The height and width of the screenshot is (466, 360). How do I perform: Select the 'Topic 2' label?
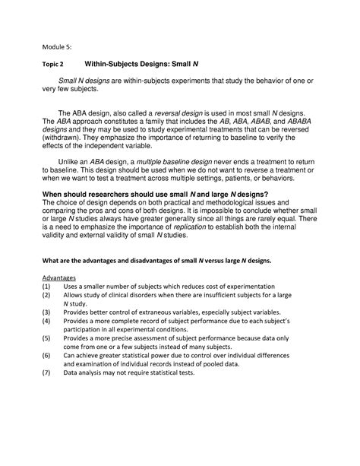tap(54, 66)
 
